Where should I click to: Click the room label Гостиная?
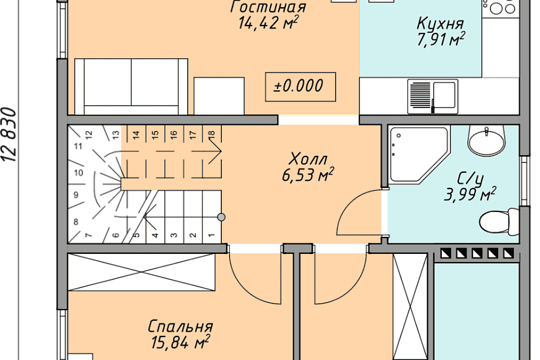(x=268, y=7)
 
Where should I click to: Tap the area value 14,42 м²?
(x=269, y=24)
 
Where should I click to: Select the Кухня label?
(x=441, y=24)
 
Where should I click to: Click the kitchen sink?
(x=433, y=94)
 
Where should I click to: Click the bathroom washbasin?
(x=488, y=140)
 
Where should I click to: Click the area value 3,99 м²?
(x=470, y=194)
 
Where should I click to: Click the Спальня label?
(x=180, y=327)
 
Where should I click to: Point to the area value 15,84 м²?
(x=180, y=342)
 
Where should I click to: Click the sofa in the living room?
(x=131, y=86)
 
